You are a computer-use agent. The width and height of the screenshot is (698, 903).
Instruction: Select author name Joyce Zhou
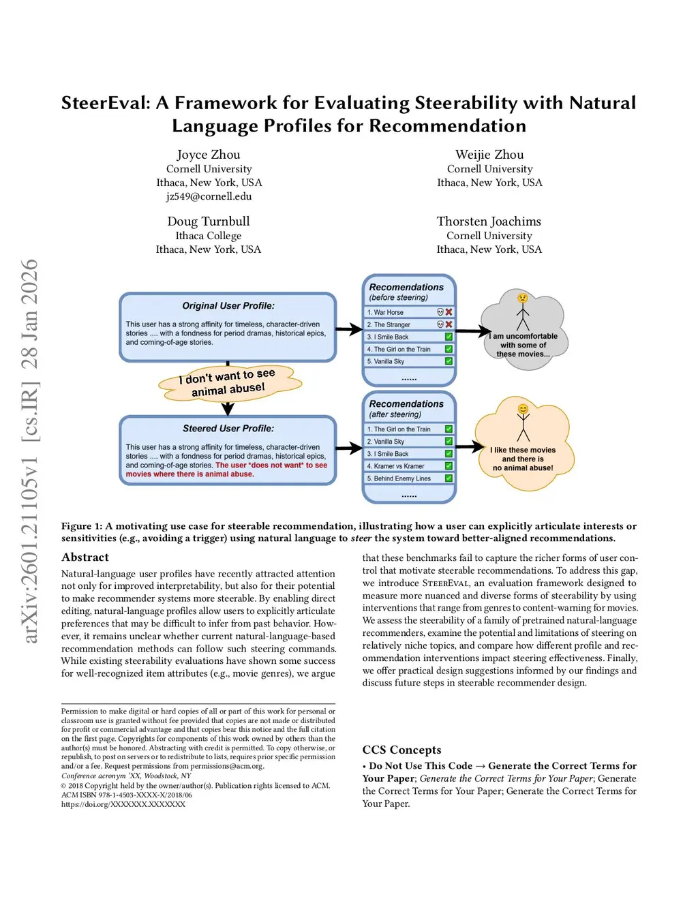[x=209, y=155]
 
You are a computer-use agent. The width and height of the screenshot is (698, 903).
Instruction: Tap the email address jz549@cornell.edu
[x=209, y=196]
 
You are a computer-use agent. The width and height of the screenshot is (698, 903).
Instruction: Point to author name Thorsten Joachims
[x=489, y=221]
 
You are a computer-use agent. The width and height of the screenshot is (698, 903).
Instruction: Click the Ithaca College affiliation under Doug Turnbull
[x=209, y=236]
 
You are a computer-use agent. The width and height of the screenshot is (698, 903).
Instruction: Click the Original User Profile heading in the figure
[x=228, y=306]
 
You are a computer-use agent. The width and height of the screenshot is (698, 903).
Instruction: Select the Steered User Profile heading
[x=228, y=429]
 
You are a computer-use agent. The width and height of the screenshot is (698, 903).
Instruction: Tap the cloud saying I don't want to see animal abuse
[x=229, y=383]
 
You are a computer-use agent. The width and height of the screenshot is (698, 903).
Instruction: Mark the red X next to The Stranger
[x=449, y=324]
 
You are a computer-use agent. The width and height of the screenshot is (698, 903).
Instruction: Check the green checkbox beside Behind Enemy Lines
[x=449, y=478]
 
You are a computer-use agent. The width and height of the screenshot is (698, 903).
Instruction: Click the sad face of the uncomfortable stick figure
[x=522, y=298]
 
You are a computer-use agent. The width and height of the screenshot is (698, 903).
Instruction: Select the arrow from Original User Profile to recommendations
[x=349, y=330]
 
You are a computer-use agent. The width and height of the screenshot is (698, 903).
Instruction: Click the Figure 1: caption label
[x=82, y=526]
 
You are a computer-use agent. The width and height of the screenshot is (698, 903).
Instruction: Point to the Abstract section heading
[x=85, y=557]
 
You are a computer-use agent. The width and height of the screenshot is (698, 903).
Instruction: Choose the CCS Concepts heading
[x=401, y=750]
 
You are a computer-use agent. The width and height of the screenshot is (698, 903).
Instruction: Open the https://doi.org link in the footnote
[x=123, y=804]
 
